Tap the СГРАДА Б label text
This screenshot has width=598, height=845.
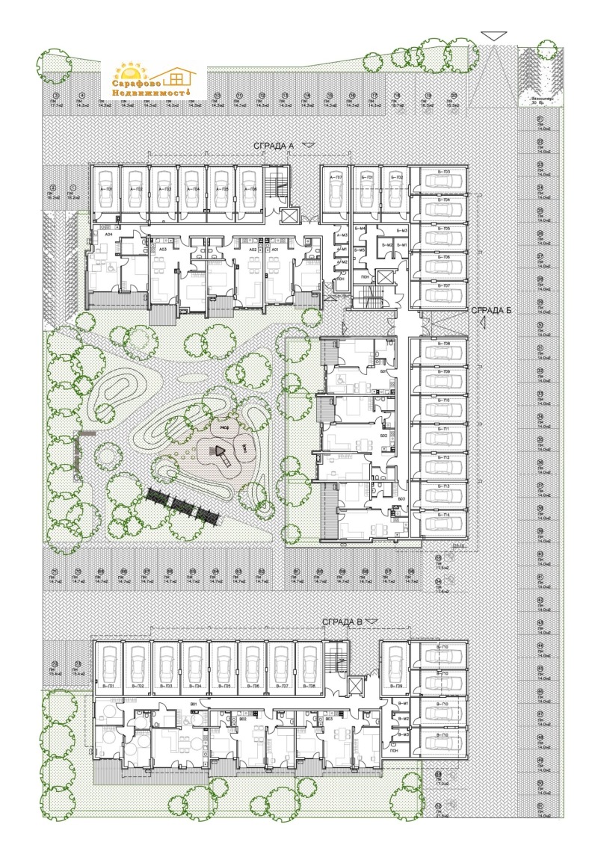point(490,311)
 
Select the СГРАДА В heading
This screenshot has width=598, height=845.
point(342,622)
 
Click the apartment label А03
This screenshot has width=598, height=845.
point(162,248)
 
